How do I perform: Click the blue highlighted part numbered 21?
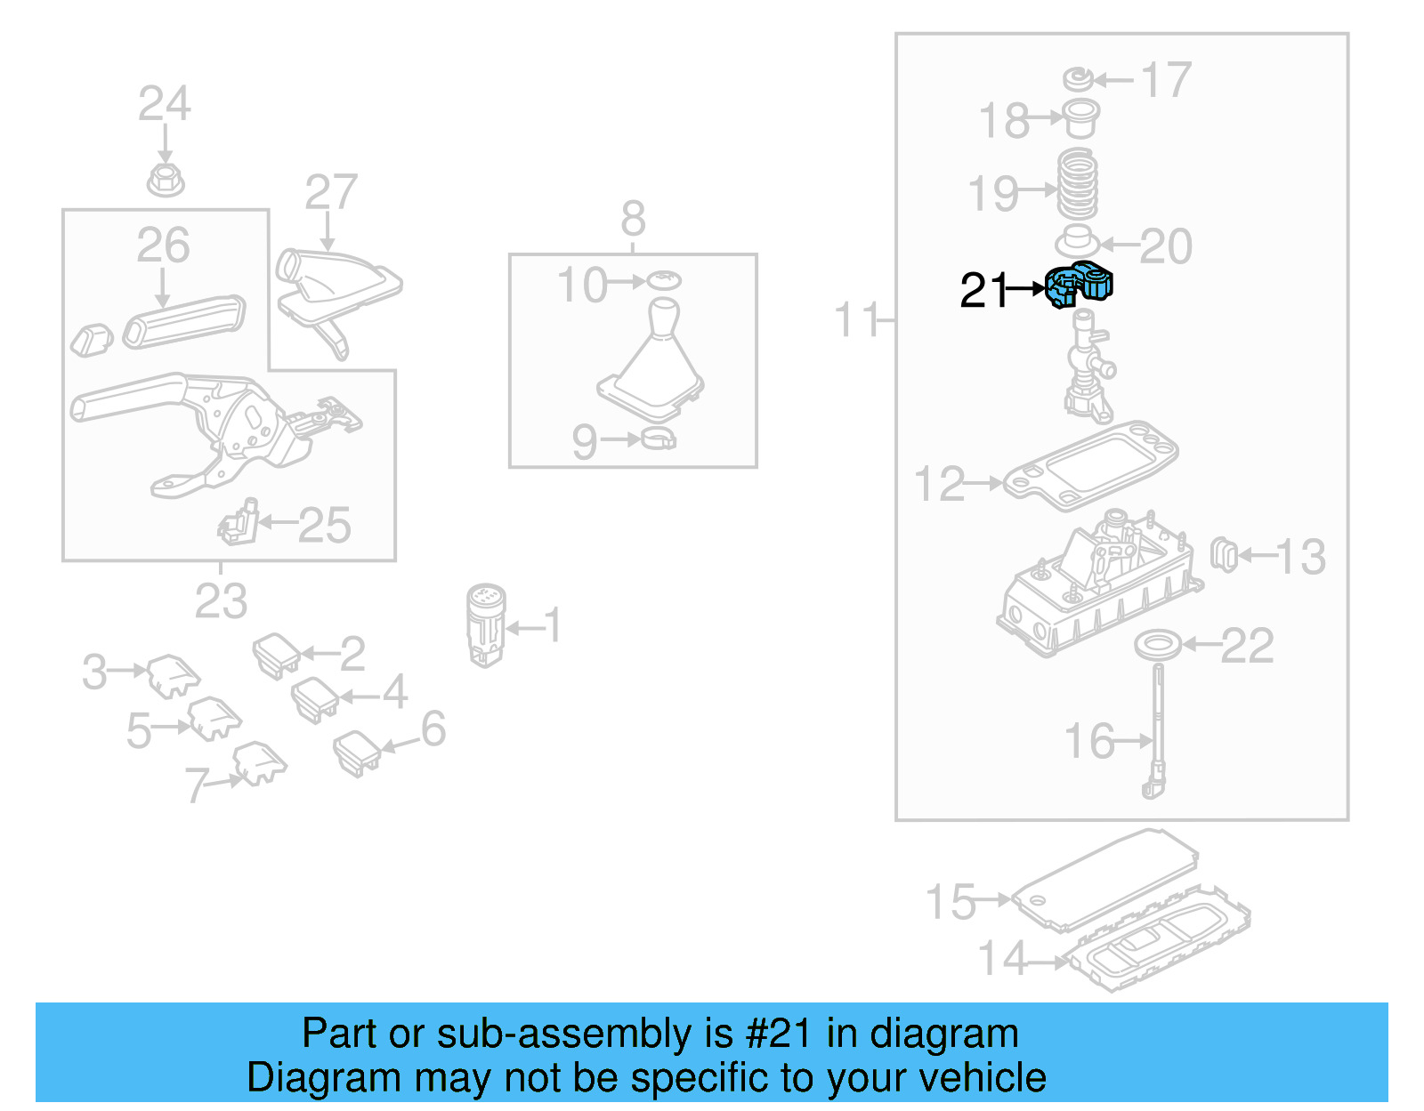(1079, 286)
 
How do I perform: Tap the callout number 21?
(983, 290)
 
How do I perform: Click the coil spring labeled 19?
(1077, 186)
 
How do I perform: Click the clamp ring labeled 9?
(659, 439)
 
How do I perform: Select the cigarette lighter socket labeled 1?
(486, 623)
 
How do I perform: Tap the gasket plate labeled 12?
(1090, 466)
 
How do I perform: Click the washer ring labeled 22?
(1158, 645)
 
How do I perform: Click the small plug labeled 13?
(1224, 555)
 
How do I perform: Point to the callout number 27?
(331, 192)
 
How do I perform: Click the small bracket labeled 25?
(239, 523)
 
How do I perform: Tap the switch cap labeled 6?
(357, 753)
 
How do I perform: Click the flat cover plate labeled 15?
(1104, 881)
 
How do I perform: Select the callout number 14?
(1002, 959)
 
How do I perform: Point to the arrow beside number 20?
(1119, 246)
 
